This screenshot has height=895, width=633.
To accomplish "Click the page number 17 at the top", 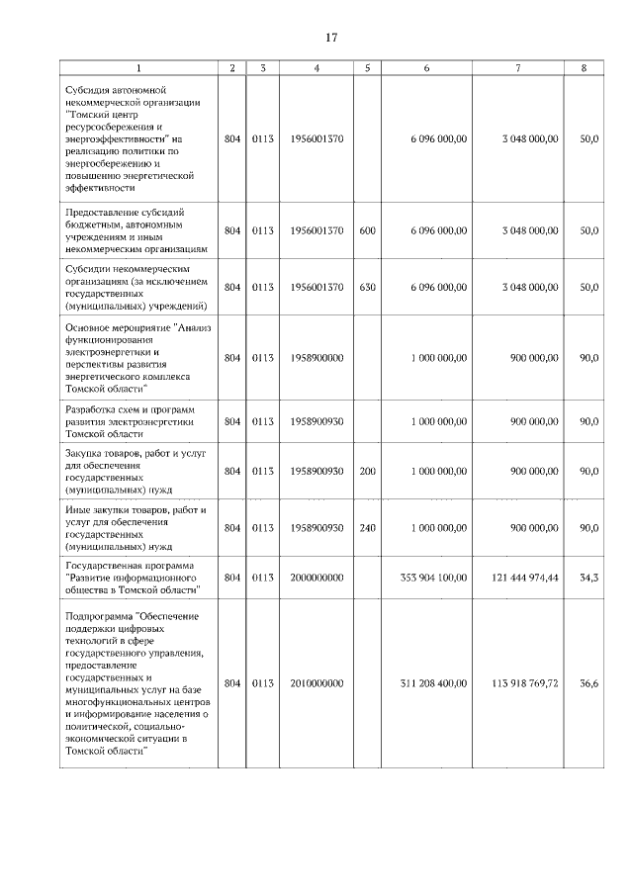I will pyautogui.click(x=331, y=38).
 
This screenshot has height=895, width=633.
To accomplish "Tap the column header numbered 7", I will pyautogui.click(x=518, y=68).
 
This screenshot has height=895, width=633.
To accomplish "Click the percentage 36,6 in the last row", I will pyautogui.click(x=588, y=683).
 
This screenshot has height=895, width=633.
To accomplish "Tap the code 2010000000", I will pyautogui.click(x=317, y=683).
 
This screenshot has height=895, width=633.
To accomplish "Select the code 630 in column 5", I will pyautogui.click(x=367, y=287).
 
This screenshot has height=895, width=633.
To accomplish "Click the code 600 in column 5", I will pyautogui.click(x=367, y=230).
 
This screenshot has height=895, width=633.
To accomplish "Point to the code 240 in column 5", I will pyautogui.click(x=367, y=528).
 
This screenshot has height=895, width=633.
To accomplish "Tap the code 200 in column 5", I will pyautogui.click(x=367, y=472).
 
